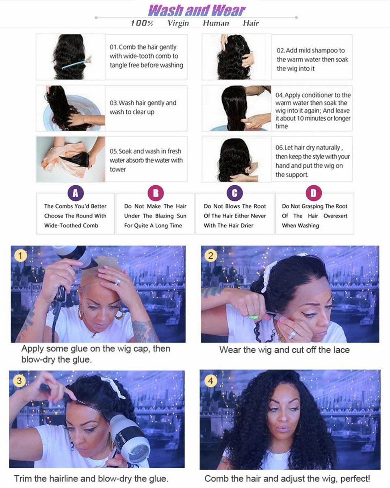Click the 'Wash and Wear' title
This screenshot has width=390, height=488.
coord(197,10)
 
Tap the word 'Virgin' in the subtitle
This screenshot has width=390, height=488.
coord(178,23)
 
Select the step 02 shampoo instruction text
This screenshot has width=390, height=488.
coord(312,59)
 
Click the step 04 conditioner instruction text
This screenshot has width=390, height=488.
coord(313,111)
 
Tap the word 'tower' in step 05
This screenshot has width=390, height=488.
coord(118,169)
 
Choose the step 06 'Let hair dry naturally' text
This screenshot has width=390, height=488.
coord(312,161)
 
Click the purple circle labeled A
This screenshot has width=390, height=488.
coord(75,193)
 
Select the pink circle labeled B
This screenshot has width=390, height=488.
coord(155,193)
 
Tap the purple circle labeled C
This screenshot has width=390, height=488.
coord(234,193)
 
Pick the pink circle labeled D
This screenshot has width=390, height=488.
coord(314,193)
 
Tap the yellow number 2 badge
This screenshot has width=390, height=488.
coord(210,256)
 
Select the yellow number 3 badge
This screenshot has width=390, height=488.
coord(19,381)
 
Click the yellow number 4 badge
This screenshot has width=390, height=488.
coord(210,381)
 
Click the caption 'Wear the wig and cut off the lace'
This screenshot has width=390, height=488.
coord(284,350)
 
